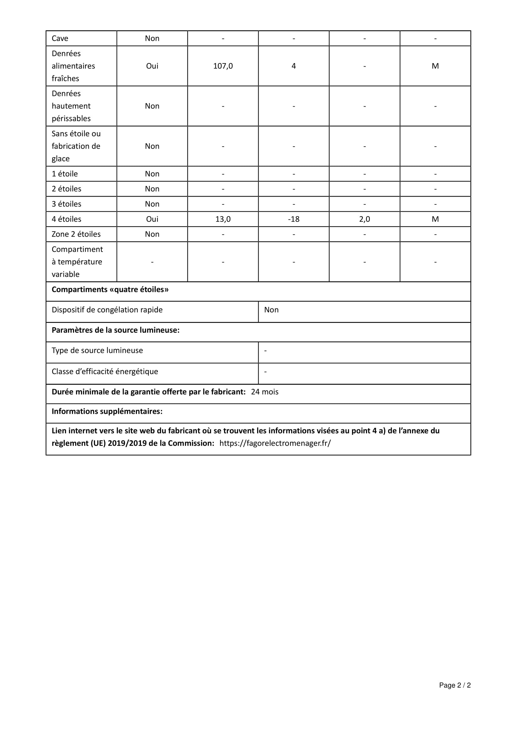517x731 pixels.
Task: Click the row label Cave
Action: click(60, 38)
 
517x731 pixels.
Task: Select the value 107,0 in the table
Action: click(223, 66)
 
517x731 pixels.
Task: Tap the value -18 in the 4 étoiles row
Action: click(294, 219)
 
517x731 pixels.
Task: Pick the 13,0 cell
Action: click(223, 219)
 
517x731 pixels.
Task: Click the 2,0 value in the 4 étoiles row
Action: click(364, 219)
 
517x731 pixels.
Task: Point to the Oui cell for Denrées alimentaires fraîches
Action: click(152, 66)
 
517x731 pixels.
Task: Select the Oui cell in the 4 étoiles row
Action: click(152, 219)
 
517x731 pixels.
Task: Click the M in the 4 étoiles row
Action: click(435, 219)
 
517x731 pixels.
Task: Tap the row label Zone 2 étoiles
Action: click(76, 234)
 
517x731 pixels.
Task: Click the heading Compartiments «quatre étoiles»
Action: click(110, 289)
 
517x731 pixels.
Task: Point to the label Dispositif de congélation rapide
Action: click(107, 310)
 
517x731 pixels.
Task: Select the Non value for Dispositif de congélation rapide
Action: click(271, 310)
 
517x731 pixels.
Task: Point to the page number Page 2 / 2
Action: click(454, 685)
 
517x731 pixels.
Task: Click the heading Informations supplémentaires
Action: click(107, 411)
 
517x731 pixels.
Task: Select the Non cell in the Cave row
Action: click(152, 38)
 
